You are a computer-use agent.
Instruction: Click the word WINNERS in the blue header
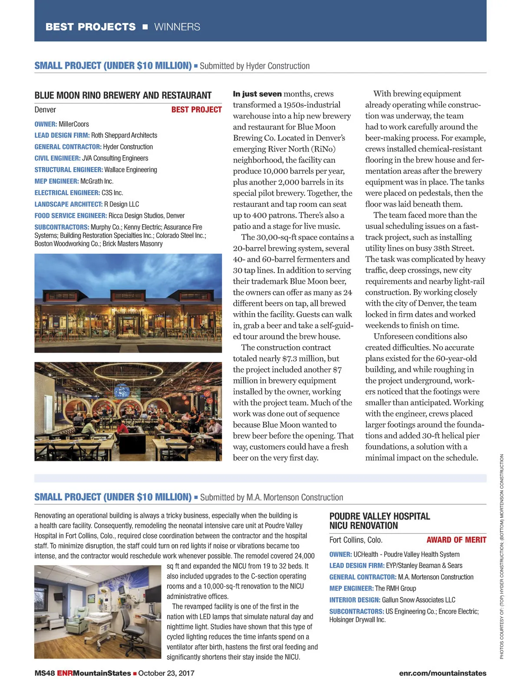click(177, 27)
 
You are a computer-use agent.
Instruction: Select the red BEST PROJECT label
click(196, 110)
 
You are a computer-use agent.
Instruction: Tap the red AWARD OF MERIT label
click(456, 540)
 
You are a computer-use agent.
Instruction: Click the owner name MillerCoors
click(74, 124)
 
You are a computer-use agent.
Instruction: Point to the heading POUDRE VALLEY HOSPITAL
click(379, 516)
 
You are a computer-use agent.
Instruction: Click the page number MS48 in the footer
click(44, 673)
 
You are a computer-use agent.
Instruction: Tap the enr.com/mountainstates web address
click(442, 673)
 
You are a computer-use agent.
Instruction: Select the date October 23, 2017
click(166, 673)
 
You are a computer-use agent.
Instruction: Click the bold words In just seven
click(257, 94)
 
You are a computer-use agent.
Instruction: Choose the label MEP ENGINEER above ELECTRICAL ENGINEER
click(56, 181)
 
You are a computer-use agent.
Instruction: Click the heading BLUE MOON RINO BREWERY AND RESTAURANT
click(123, 96)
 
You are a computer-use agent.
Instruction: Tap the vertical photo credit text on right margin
click(501, 556)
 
